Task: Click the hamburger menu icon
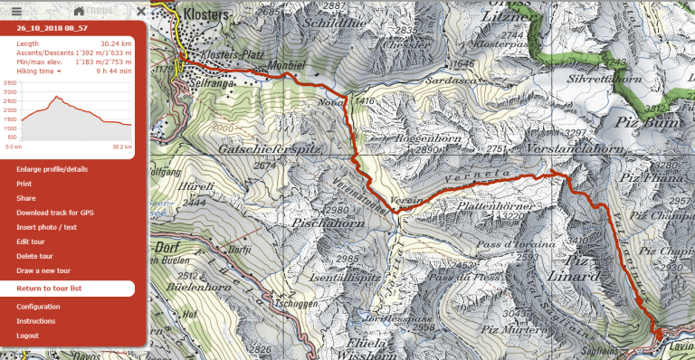(x=16, y=10)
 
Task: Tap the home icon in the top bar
(x=80, y=10)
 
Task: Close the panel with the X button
(x=140, y=11)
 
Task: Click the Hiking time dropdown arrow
(x=59, y=71)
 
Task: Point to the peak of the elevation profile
(x=56, y=96)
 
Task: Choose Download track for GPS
(x=54, y=213)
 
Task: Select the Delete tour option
(x=35, y=256)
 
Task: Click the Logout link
(x=27, y=336)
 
